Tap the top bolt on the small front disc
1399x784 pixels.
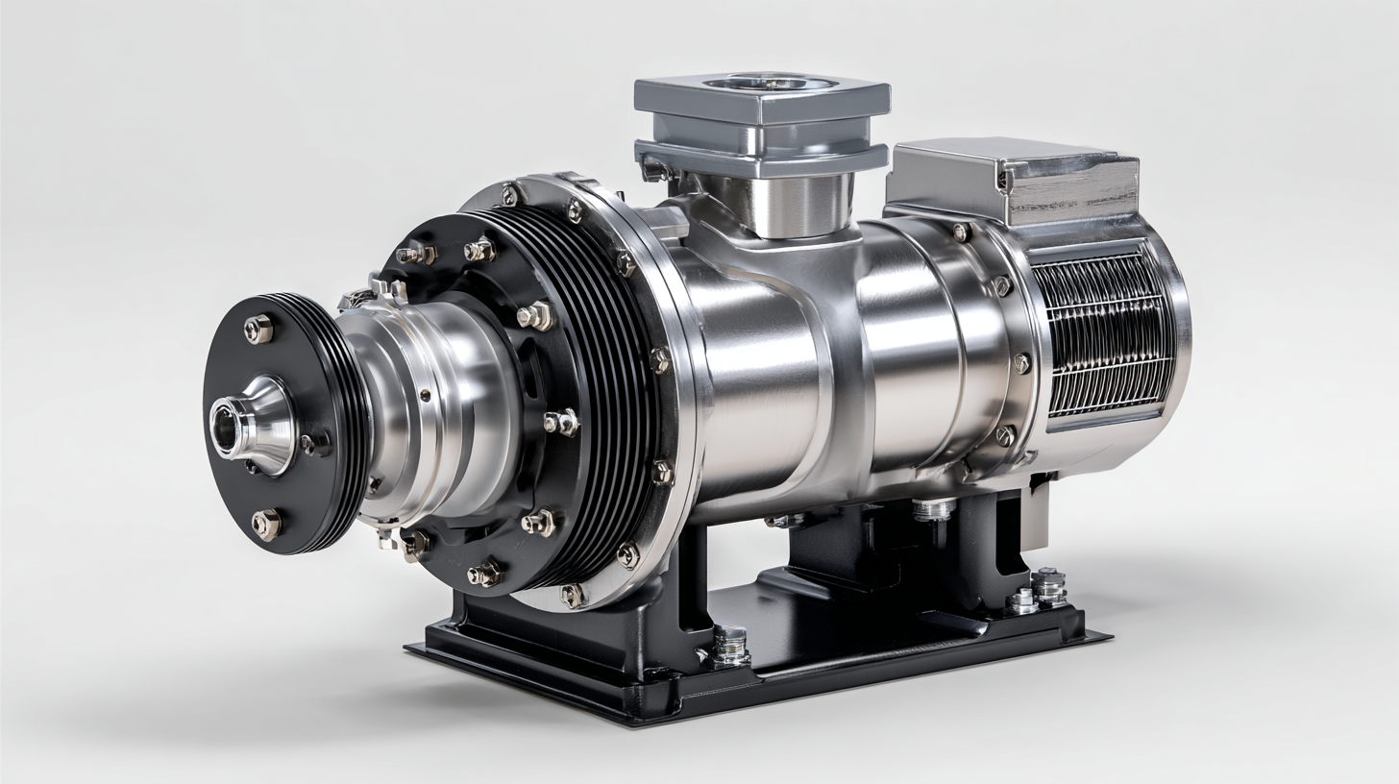258,330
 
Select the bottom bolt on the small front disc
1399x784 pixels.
266,525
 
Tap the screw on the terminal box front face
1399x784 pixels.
1004,180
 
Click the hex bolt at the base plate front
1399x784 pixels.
730,645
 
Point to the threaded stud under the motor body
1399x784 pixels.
932,509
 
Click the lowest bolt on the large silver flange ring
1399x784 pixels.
573,595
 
